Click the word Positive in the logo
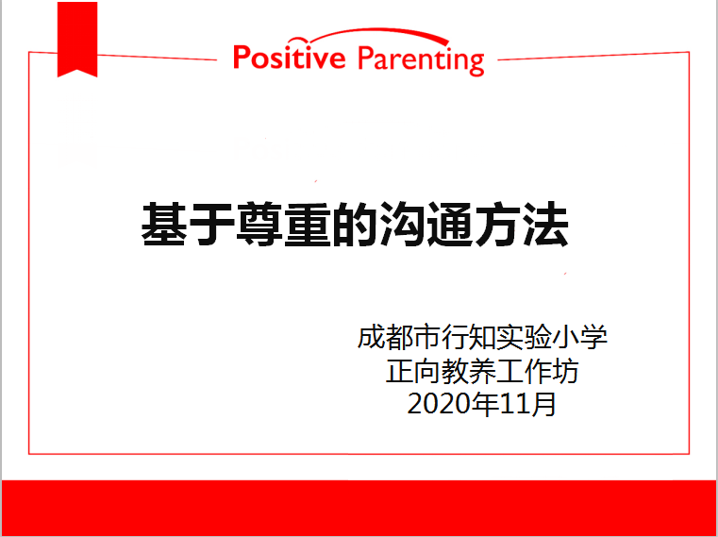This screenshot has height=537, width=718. [289, 58]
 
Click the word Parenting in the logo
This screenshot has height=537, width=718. [421, 59]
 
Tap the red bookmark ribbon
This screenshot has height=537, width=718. [77, 40]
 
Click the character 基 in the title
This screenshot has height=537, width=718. [164, 225]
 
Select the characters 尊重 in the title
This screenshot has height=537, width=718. [282, 225]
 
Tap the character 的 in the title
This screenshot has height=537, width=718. [355, 225]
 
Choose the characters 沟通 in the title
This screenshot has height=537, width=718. [426, 225]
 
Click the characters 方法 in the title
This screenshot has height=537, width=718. [522, 225]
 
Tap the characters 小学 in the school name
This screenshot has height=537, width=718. [579, 337]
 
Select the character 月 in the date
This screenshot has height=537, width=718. [543, 404]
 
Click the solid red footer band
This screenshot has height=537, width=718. [359, 508]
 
